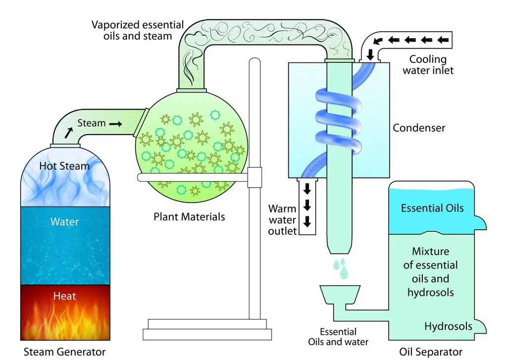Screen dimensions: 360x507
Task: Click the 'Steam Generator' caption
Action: pos(65,352)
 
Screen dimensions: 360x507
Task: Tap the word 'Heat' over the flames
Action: pos(65,296)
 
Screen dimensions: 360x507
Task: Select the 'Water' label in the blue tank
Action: pos(65,222)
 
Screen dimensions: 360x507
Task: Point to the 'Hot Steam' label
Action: pos(65,166)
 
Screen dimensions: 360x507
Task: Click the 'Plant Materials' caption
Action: pos(189,216)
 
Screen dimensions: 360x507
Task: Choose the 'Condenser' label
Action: pos(419,128)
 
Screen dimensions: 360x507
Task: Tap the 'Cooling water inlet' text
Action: pos(428,65)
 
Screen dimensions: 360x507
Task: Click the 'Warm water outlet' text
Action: pos(283,219)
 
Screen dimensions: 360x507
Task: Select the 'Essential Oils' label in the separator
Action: pos(432,207)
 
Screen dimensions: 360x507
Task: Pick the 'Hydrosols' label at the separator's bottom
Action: pos(448,326)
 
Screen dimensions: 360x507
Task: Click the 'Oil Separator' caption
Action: pos(431,352)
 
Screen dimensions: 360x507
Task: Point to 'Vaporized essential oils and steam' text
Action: pos(138,30)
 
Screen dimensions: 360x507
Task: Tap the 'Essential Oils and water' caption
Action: pos(338,337)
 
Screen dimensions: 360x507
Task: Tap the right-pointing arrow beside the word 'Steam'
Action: pos(115,124)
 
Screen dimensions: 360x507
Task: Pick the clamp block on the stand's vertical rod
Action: pos(254,174)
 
